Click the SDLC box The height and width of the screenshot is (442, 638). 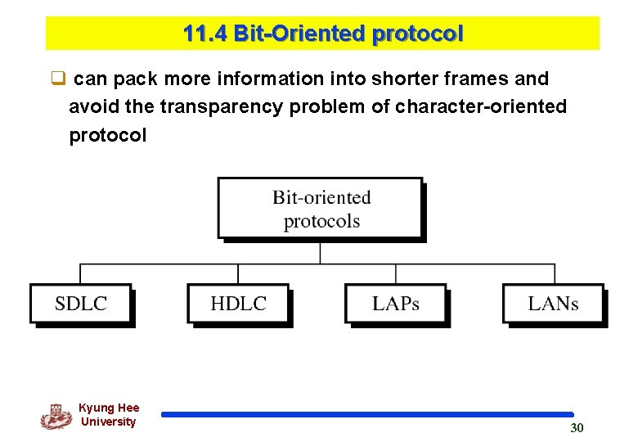(81, 304)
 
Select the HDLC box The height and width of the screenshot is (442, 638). (238, 304)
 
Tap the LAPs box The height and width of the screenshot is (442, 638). (396, 304)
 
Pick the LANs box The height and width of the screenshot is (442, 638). (553, 304)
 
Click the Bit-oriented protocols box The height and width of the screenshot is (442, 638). (321, 209)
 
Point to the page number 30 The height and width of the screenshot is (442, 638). (577, 428)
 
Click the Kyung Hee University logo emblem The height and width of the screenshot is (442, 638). (56, 417)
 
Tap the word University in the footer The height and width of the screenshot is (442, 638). (108, 422)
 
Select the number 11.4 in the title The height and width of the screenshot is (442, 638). (204, 34)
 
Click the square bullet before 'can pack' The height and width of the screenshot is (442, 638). (57, 79)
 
